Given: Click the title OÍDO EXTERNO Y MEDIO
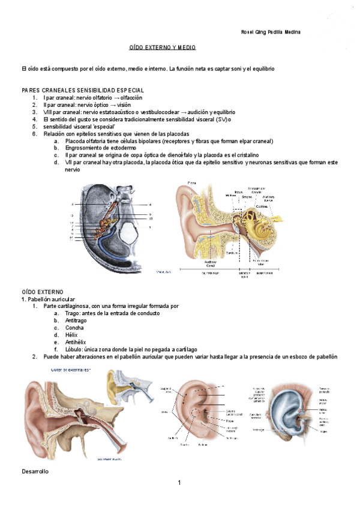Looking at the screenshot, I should pyautogui.click(x=163, y=47).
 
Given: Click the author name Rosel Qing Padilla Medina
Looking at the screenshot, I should pyautogui.click(x=266, y=32).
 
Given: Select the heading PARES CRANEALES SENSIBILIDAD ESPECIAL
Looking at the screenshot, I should pyautogui.click(x=83, y=90).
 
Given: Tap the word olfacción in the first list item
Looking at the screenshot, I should pyautogui.click(x=131, y=97).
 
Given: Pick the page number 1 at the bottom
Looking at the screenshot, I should pyautogui.click(x=179, y=483).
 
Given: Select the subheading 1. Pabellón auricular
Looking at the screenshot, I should pyautogui.click(x=48, y=299).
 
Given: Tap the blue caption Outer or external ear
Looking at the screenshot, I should pyautogui.click(x=71, y=369).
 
